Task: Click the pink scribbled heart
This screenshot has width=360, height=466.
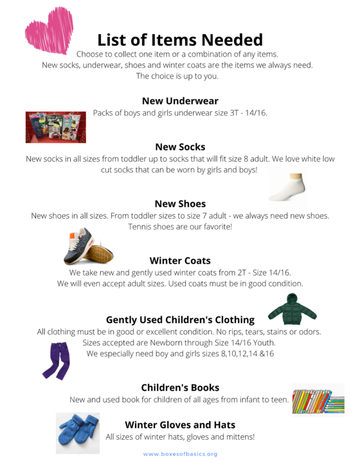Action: tap(49, 30)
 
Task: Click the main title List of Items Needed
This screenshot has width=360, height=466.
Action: tap(180, 39)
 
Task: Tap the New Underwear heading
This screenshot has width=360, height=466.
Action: tap(180, 101)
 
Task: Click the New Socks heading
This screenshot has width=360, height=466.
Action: tap(180, 147)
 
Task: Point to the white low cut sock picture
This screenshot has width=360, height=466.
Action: tap(287, 187)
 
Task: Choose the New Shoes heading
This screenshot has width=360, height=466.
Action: tap(180, 204)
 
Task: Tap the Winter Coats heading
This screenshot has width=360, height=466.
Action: tap(180, 260)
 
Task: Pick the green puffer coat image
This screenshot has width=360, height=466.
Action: tap(292, 309)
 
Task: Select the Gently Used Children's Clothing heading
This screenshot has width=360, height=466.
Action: tap(180, 319)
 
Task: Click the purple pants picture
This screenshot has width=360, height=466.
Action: tap(56, 360)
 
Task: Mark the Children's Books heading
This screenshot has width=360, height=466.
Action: tap(180, 388)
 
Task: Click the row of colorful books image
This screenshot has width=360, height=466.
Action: tap(318, 399)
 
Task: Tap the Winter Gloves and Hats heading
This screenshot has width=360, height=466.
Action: tap(180, 425)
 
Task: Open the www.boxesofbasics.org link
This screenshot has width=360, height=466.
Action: tap(180, 454)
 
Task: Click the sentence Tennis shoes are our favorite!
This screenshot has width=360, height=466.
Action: tap(180, 227)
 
